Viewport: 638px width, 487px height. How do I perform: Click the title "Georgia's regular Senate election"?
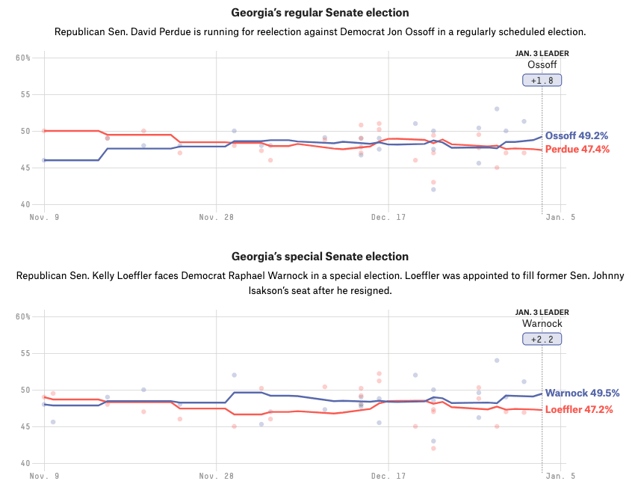click(320, 13)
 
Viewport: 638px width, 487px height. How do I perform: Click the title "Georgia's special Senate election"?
click(320, 257)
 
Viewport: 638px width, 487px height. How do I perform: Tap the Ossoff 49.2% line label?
click(576, 136)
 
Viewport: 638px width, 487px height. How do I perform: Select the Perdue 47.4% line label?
click(577, 150)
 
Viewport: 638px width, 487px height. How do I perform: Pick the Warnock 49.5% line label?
click(582, 393)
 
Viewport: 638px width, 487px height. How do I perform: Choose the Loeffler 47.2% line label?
click(579, 410)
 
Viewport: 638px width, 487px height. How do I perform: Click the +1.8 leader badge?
click(542, 80)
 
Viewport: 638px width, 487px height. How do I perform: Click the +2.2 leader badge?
click(542, 339)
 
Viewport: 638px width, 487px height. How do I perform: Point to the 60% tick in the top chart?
click(22, 58)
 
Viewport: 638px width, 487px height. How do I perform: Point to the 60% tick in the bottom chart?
click(22, 316)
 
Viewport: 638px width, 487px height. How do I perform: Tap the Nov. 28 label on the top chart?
click(216, 217)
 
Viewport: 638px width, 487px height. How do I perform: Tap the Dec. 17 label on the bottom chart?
click(388, 476)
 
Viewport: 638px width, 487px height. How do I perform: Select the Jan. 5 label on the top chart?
click(560, 217)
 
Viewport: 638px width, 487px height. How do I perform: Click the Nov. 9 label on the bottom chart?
click(44, 476)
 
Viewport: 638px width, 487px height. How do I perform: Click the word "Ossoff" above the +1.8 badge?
click(542, 64)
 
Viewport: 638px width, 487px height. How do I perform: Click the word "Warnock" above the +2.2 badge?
click(542, 323)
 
